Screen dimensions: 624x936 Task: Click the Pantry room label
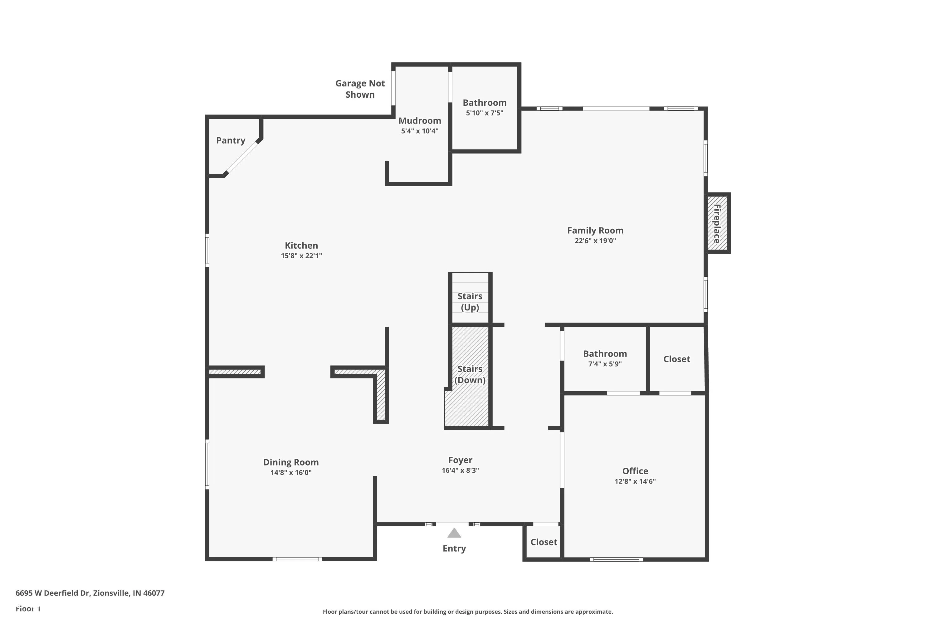pyautogui.click(x=231, y=140)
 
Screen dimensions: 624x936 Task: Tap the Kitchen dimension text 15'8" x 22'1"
pyautogui.click(x=301, y=256)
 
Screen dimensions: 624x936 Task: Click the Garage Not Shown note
pyautogui.click(x=360, y=89)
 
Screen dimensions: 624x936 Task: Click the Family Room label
pyautogui.click(x=595, y=231)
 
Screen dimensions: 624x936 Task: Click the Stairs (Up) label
pyautogui.click(x=470, y=302)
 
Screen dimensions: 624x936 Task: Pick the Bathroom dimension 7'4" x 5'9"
pyautogui.click(x=605, y=364)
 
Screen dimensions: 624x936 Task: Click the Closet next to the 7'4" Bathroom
pyautogui.click(x=676, y=359)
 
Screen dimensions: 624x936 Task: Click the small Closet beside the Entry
pyautogui.click(x=543, y=542)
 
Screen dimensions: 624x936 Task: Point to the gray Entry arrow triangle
pyautogui.click(x=454, y=533)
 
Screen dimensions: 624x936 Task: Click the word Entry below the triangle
pyautogui.click(x=454, y=548)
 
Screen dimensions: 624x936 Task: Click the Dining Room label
pyautogui.click(x=290, y=462)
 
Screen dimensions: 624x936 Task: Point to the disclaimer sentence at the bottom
pyautogui.click(x=468, y=612)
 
